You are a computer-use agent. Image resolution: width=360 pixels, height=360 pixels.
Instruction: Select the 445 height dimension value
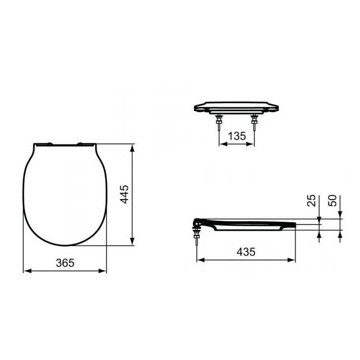pyautogui.click(x=124, y=194)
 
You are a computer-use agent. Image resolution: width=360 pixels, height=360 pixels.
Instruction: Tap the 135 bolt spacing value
pyautogui.click(x=236, y=136)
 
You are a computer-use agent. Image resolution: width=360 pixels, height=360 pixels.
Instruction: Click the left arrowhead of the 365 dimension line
pyautogui.click(x=26, y=271)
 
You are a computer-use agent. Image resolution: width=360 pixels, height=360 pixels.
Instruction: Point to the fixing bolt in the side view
pyautogui.click(x=196, y=238)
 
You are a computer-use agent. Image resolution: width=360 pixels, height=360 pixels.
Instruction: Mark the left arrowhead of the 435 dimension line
pyautogui.click(x=199, y=260)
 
